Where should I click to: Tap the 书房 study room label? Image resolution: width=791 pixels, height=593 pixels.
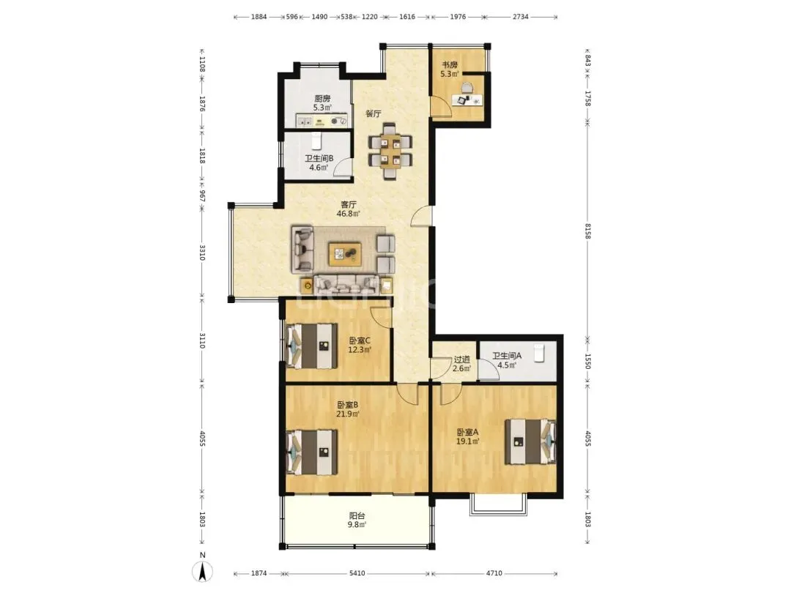click(x=450, y=65)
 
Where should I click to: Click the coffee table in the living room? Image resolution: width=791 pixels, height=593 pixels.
click(x=344, y=254)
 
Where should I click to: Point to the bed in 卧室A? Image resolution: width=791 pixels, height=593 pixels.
click(x=530, y=441)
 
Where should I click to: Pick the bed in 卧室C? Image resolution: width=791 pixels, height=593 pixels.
click(x=312, y=346)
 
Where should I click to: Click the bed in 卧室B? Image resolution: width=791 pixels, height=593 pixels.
click(x=312, y=452)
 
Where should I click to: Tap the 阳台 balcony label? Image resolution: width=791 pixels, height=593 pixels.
click(x=357, y=516)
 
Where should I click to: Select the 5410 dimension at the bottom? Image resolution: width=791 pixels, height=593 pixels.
click(x=357, y=573)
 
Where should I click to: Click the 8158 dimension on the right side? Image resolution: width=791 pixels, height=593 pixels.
click(x=587, y=231)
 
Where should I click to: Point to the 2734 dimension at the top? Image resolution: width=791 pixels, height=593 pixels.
click(x=521, y=17)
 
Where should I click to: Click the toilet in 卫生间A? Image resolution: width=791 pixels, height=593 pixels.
click(x=539, y=352)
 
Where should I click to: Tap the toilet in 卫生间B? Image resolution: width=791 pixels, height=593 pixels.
click(x=316, y=141)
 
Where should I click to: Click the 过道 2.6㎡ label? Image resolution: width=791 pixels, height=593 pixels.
click(x=462, y=364)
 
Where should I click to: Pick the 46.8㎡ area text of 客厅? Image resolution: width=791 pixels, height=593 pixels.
click(x=348, y=213)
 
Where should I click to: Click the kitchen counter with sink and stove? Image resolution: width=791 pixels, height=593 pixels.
click(x=322, y=121)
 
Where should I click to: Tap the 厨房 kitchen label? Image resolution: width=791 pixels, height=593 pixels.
click(x=322, y=98)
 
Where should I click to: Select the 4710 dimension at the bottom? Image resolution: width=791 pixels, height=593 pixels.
click(x=494, y=573)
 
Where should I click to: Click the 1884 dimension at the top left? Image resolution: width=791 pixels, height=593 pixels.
click(x=259, y=17)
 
